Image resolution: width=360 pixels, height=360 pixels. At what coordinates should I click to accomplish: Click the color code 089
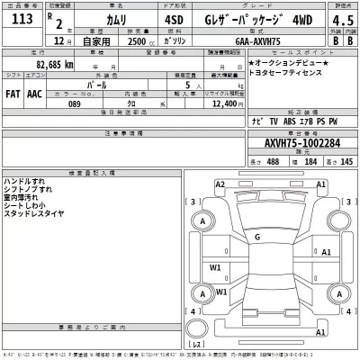(x=87, y=103)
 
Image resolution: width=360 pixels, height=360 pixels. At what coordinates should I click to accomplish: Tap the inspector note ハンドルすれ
(x=25, y=181)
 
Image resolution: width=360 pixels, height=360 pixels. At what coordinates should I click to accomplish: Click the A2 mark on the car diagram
(x=220, y=184)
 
